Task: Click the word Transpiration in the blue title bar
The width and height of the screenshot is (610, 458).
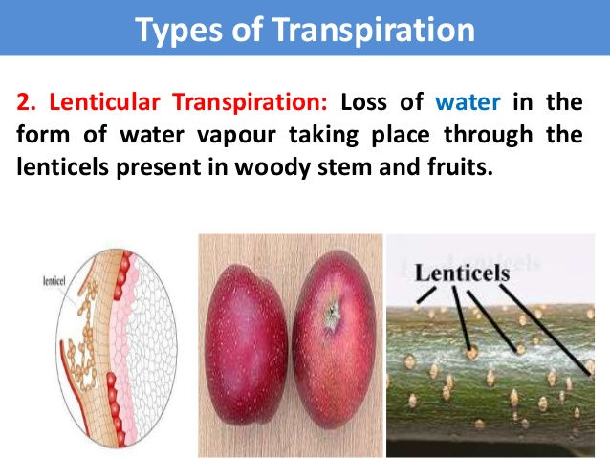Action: coord(373,30)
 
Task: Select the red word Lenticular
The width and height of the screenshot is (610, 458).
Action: coord(104,102)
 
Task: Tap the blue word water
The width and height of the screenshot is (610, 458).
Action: coord(468,102)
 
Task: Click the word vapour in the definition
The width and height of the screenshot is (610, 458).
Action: coord(236,136)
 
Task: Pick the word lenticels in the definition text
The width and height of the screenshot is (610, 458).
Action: coord(63,167)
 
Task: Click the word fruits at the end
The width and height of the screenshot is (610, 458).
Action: coord(460,167)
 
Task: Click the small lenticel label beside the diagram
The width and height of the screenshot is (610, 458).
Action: coord(54,281)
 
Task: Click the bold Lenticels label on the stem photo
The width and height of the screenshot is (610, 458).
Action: coord(462,273)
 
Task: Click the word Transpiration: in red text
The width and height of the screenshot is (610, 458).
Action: coord(251,102)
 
